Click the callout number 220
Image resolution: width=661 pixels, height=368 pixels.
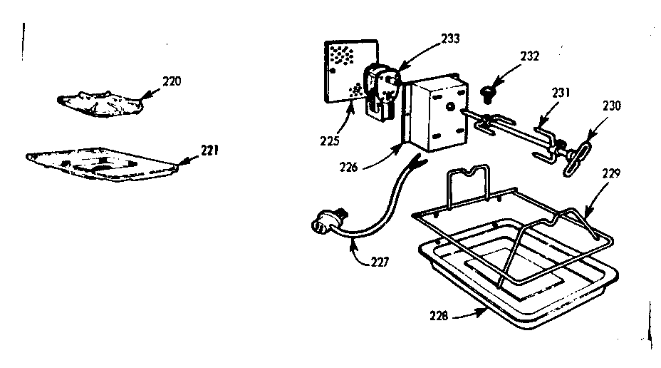(x=172, y=81)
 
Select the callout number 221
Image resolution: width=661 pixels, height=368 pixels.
(x=209, y=150)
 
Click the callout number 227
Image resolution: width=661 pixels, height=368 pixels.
(x=380, y=262)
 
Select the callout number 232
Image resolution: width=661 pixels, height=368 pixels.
(x=529, y=56)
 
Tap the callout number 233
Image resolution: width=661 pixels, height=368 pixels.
(x=451, y=39)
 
